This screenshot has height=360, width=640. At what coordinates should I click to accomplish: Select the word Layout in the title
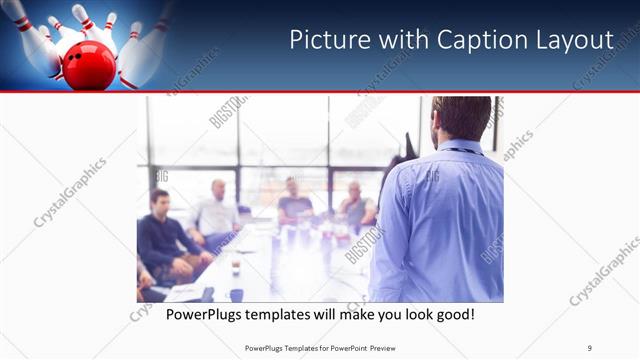[x=576, y=39]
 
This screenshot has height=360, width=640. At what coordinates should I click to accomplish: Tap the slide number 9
[x=590, y=347]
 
